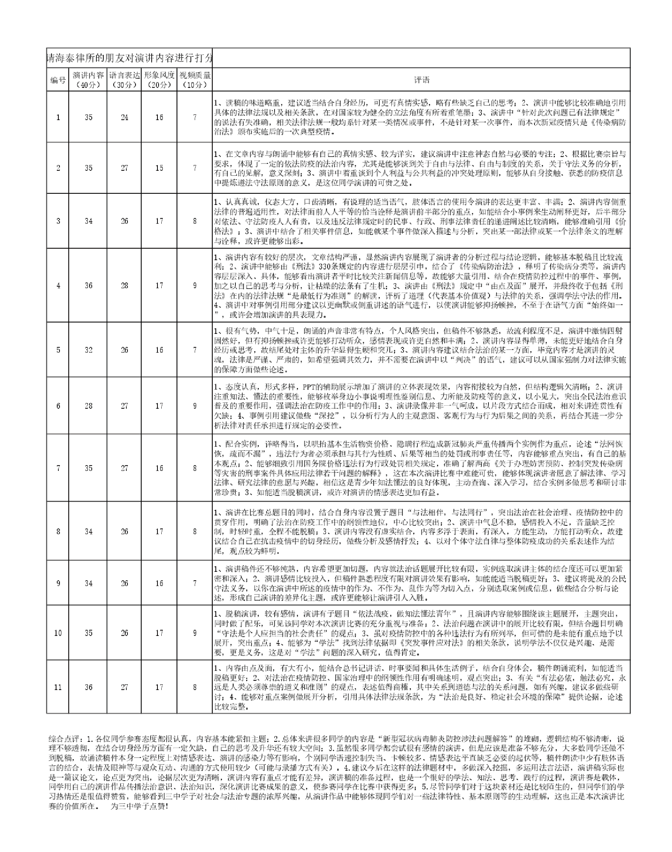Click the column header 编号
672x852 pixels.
click(58, 80)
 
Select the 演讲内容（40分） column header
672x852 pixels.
click(88, 80)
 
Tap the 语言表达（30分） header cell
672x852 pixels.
click(124, 80)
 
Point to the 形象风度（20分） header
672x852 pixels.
click(159, 80)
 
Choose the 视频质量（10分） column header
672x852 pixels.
click(195, 80)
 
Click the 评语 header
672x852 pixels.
click(421, 80)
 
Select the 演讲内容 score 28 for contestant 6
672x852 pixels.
click(88, 406)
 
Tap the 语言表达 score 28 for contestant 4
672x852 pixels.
click(124, 286)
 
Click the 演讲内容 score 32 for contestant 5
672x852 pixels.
click(88, 350)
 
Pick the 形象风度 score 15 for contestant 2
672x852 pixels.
click(159, 168)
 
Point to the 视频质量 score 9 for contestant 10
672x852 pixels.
click(195, 633)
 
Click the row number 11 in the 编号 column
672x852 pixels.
click(58, 687)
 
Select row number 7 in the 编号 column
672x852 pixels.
click(58, 468)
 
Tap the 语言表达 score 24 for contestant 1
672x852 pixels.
click(124, 117)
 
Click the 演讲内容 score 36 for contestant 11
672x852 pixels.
click(88, 687)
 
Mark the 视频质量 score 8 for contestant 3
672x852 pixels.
click(195, 221)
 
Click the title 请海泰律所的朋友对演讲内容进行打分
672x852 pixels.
click(129, 58)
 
